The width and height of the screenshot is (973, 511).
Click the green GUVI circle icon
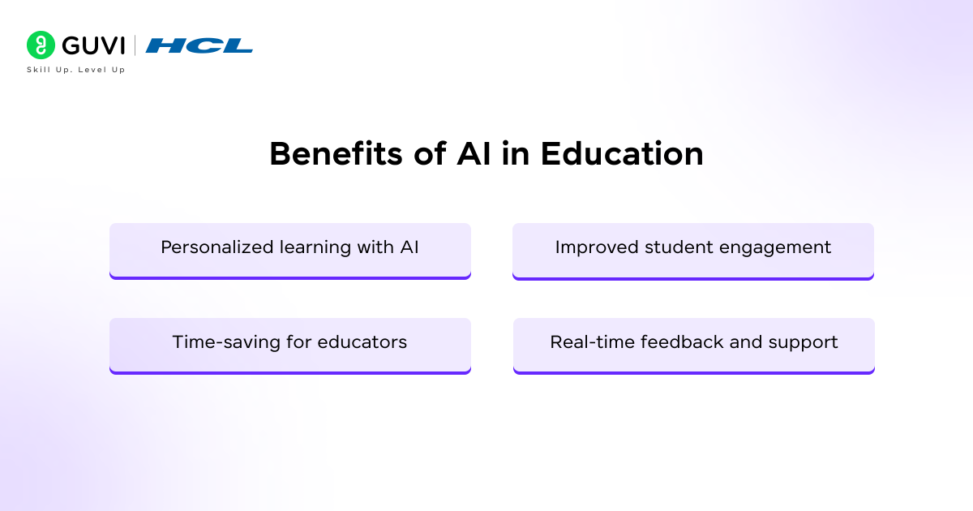tap(40, 45)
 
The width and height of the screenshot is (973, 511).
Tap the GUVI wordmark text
tap(93, 45)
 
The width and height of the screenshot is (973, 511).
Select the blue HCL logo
tap(199, 45)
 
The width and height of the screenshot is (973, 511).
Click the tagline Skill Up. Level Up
tap(76, 70)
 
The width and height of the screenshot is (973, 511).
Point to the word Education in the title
tap(622, 154)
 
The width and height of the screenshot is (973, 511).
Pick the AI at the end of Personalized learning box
tap(409, 247)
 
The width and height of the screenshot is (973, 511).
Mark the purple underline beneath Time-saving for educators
tap(290, 371)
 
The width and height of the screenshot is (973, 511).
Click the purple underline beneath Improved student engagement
tap(693, 277)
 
